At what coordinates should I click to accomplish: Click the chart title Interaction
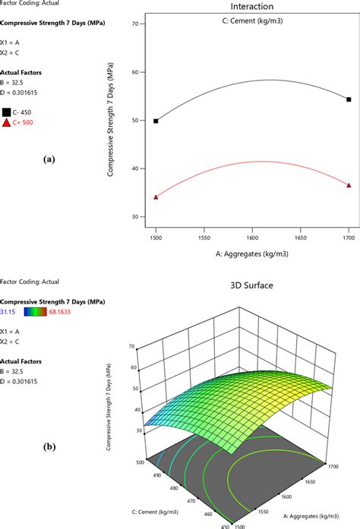(x=252, y=6)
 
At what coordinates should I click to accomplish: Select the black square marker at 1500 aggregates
(x=156, y=121)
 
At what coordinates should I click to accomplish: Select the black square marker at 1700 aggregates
(x=349, y=99)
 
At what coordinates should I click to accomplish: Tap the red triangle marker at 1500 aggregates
(x=156, y=197)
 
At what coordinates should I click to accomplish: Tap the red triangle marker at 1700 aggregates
(x=349, y=185)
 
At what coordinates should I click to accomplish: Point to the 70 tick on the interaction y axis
(x=137, y=24)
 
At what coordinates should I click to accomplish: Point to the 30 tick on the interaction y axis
(x=137, y=217)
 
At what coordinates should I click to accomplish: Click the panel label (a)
(x=49, y=160)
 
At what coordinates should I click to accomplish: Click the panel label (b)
(x=49, y=448)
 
